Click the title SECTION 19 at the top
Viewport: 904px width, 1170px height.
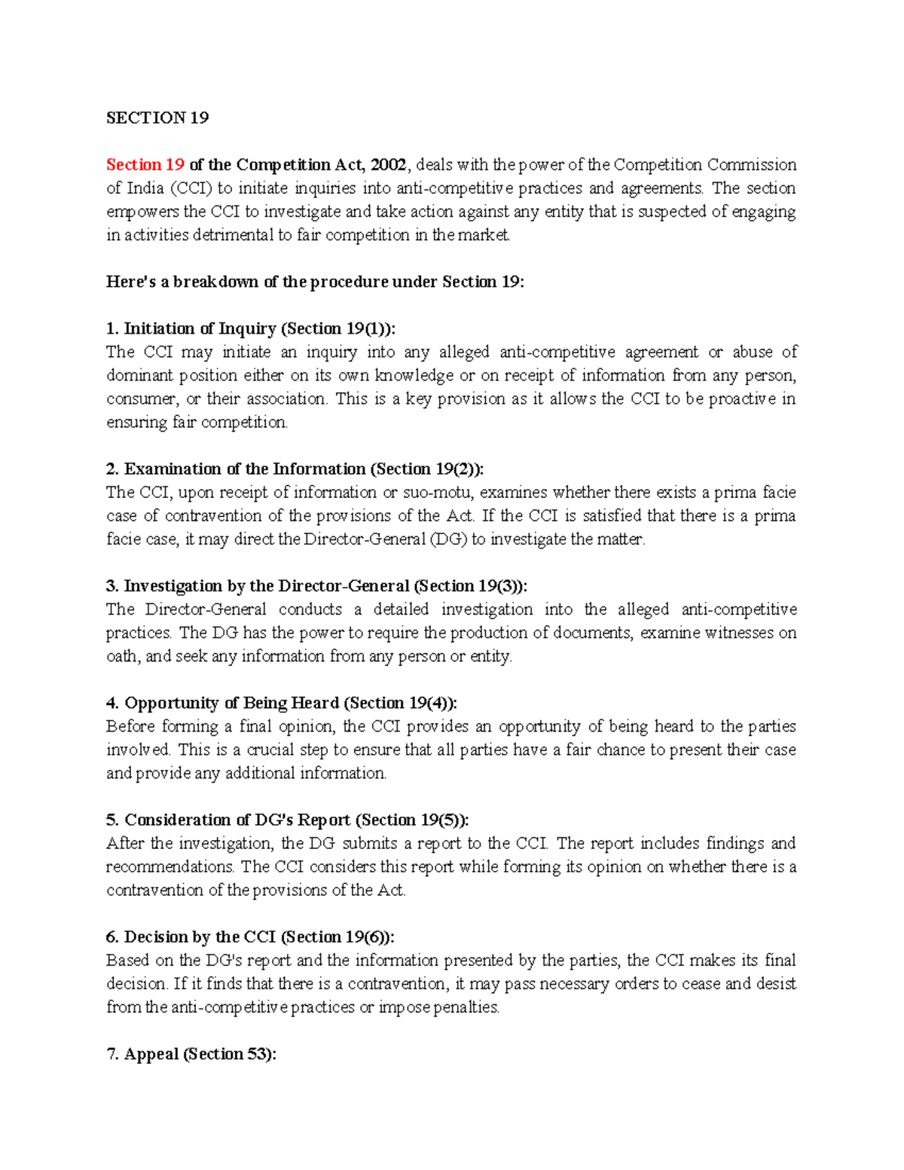click(x=157, y=118)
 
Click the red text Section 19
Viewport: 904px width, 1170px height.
click(x=145, y=164)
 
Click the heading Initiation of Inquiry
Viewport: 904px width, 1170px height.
click(x=199, y=328)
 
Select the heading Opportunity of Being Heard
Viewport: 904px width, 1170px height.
click(x=231, y=703)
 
